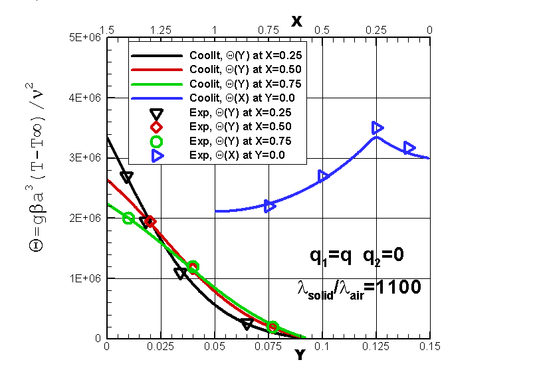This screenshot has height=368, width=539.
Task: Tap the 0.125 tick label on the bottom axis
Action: (x=376, y=346)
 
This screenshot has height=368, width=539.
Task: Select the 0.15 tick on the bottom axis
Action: (x=429, y=346)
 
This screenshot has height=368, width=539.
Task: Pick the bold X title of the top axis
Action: (x=296, y=21)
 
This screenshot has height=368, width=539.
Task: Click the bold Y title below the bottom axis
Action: (x=300, y=355)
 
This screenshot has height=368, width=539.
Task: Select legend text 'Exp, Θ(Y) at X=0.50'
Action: (x=241, y=126)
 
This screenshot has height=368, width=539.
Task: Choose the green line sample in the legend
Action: (x=158, y=84)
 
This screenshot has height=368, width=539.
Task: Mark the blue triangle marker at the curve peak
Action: (x=377, y=127)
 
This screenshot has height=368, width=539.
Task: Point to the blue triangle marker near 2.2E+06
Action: (x=270, y=206)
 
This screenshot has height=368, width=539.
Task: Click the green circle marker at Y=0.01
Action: (x=129, y=218)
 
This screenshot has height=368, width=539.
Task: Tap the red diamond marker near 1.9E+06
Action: (x=150, y=222)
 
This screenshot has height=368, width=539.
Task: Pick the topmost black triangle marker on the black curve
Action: (x=127, y=177)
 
